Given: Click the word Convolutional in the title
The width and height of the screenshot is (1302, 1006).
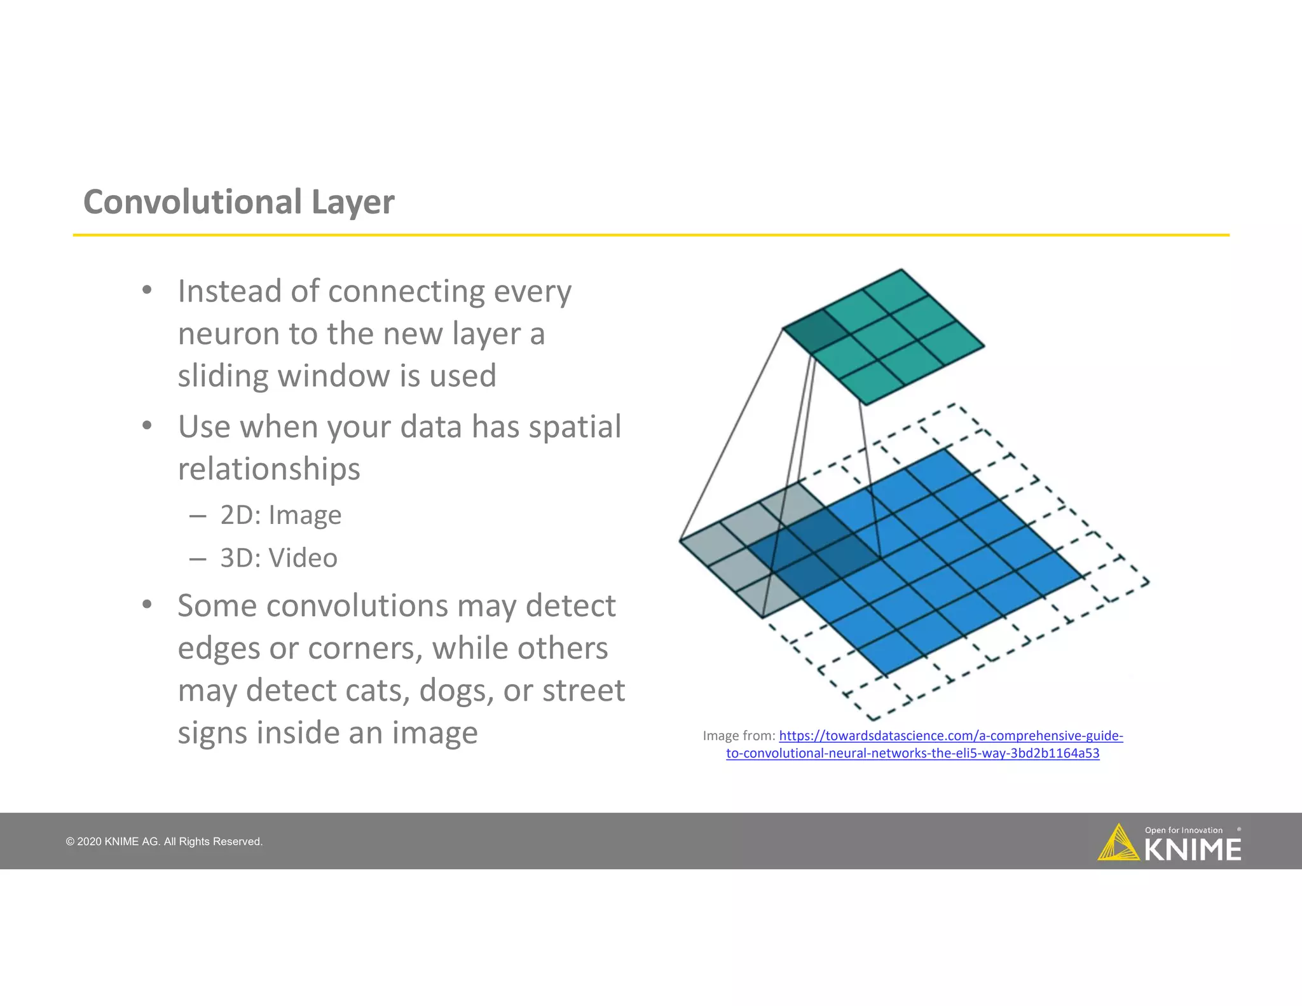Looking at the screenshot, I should pos(192,202).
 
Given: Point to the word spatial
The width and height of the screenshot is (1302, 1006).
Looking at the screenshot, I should pos(575,427).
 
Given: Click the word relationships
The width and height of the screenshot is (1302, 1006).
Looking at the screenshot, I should pos(269,469).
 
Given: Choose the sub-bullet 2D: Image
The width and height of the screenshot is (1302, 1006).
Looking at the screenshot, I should pos(280,515).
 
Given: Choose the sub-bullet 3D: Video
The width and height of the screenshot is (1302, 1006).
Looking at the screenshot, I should pos(278,558).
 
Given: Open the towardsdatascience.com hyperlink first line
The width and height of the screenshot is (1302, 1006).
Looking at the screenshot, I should pos(950,736).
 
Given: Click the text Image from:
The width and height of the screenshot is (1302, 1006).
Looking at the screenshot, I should pos(739,736).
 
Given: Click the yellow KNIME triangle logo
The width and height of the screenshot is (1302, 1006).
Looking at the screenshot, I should pos(1118,844).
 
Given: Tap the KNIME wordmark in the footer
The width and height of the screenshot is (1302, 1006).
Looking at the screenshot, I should pos(1193,850).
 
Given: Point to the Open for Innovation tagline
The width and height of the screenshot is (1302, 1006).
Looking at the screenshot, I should pos(1183,830).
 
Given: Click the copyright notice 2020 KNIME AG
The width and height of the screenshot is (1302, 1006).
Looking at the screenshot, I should pos(164,842).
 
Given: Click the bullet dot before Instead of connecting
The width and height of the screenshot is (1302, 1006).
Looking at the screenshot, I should pos(147,291).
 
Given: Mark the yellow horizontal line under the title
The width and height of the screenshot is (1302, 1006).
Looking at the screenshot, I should pos(651,235).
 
